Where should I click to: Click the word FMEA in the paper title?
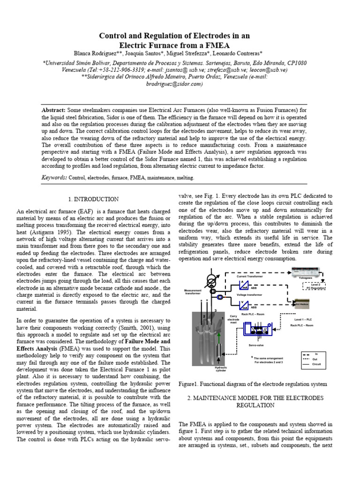(x=223, y=45)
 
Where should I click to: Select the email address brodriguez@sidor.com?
(x=180, y=84)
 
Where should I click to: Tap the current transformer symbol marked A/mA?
(x=244, y=287)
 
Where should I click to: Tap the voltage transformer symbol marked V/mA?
(x=244, y=306)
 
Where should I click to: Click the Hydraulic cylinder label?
(x=220, y=369)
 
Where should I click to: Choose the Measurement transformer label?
(x=193, y=292)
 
